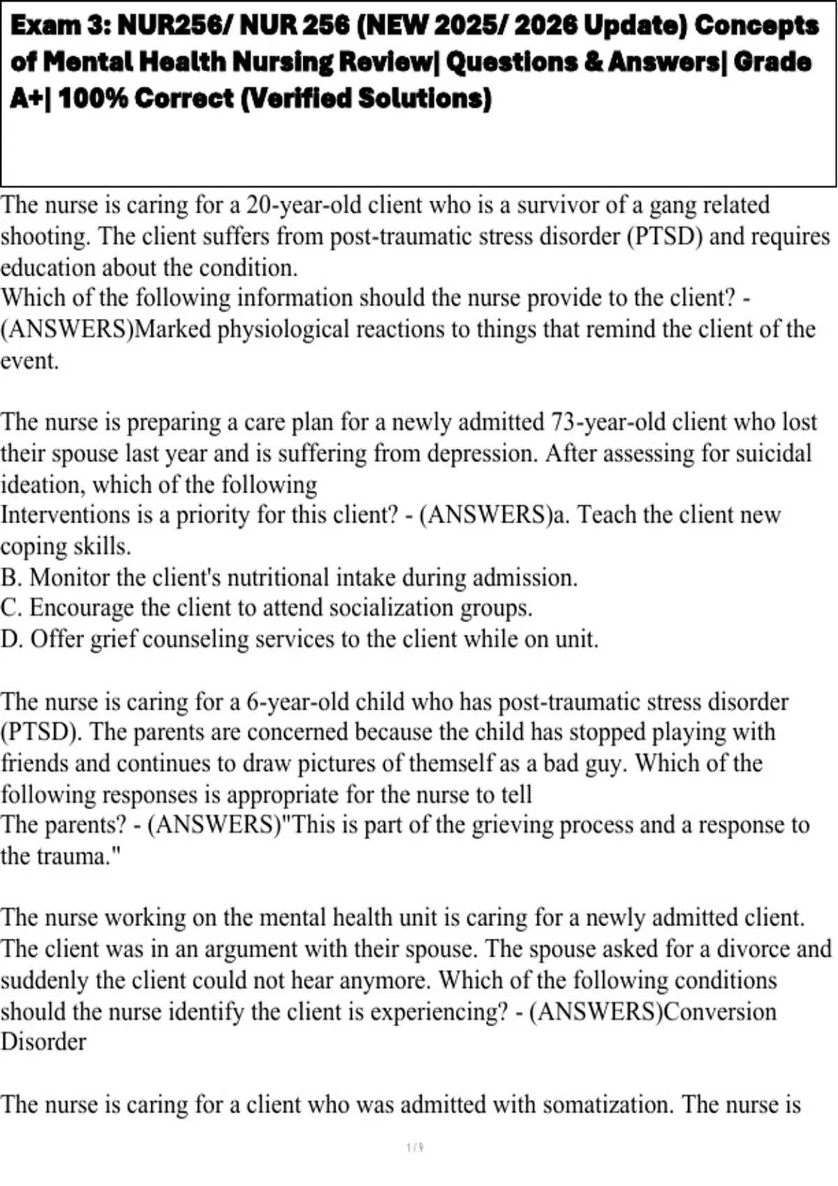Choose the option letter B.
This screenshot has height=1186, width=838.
pyautogui.click(x=9, y=578)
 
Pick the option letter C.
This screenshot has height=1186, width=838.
pyautogui.click(x=9, y=608)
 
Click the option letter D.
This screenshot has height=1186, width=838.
pyautogui.click(x=10, y=639)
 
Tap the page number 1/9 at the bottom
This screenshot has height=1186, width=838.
pyautogui.click(x=415, y=1148)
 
